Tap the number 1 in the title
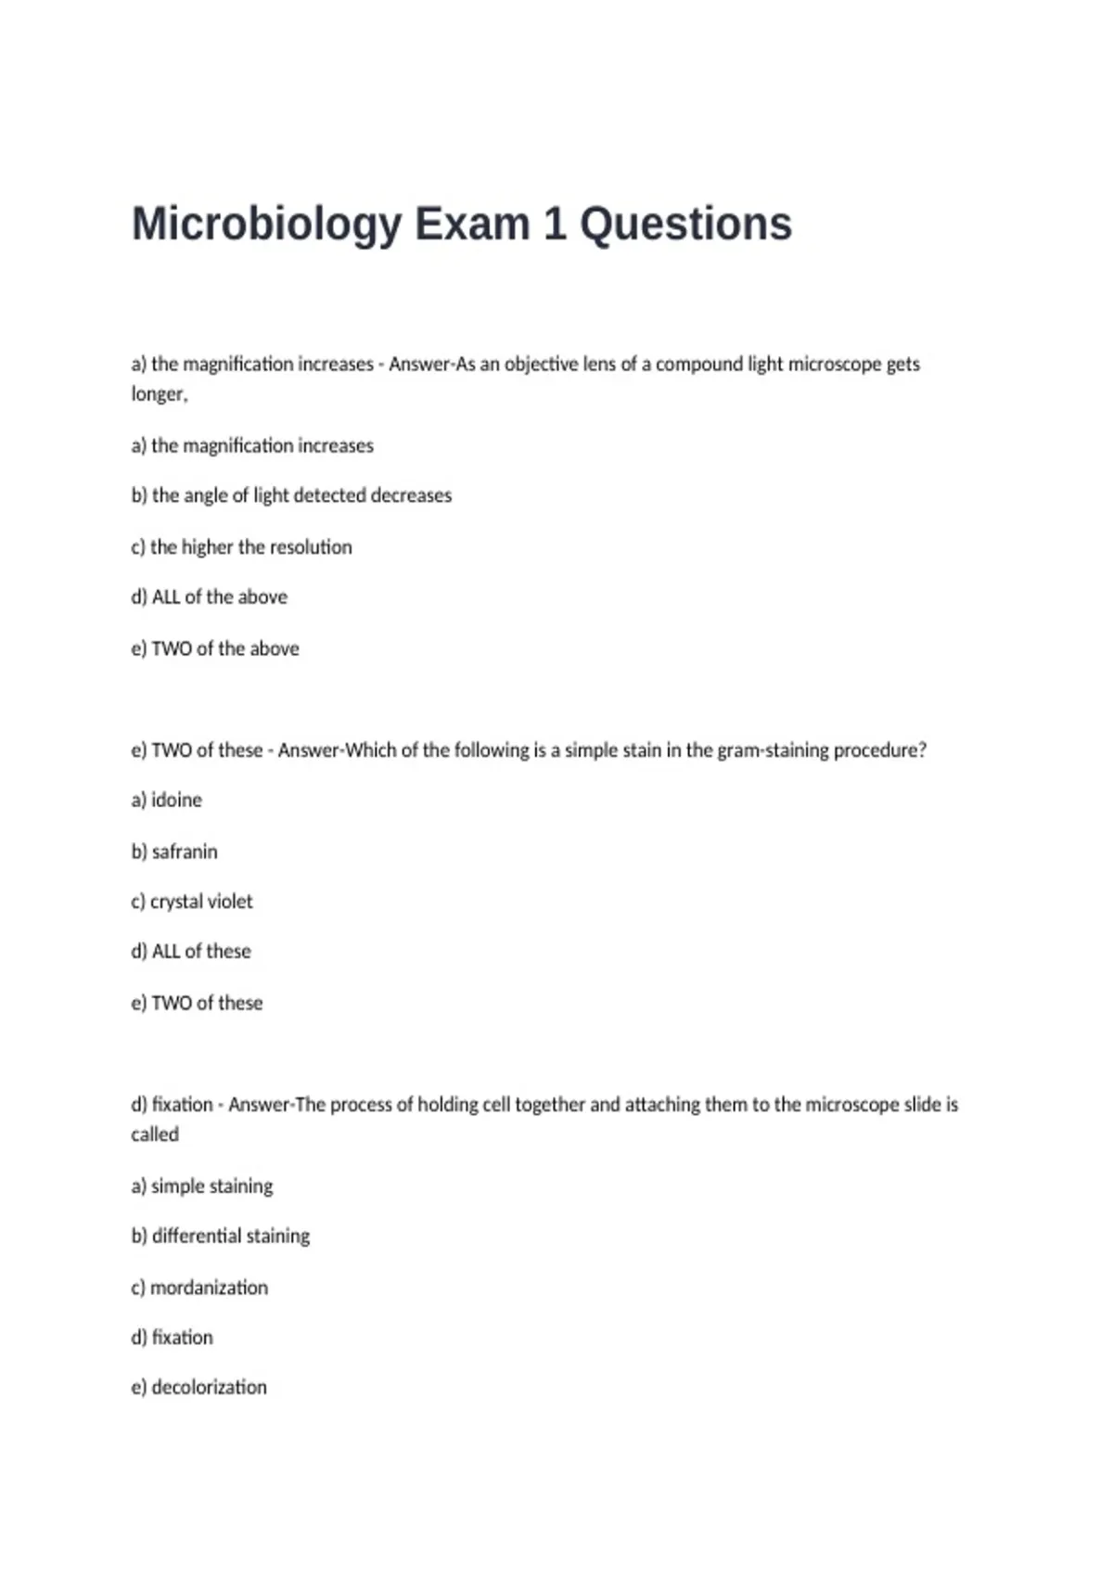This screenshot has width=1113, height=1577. click(555, 224)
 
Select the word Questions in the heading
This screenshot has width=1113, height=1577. click(685, 224)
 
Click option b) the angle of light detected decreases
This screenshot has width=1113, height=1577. click(291, 495)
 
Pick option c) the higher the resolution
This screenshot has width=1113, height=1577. click(241, 547)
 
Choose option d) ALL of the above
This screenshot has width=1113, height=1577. click(209, 597)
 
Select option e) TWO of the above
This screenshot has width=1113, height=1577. click(215, 648)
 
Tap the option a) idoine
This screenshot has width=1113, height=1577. click(166, 800)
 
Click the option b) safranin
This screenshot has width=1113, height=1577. click(174, 852)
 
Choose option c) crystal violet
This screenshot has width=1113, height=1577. click(191, 902)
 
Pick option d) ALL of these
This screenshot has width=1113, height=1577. click(191, 952)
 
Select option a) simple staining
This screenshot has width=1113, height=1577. click(202, 1186)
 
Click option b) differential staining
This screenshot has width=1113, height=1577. click(221, 1237)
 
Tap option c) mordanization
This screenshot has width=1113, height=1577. click(199, 1288)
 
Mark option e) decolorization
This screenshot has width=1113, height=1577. click(198, 1388)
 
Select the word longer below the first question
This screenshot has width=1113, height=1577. click(159, 394)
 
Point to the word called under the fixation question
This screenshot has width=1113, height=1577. click(155, 1135)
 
